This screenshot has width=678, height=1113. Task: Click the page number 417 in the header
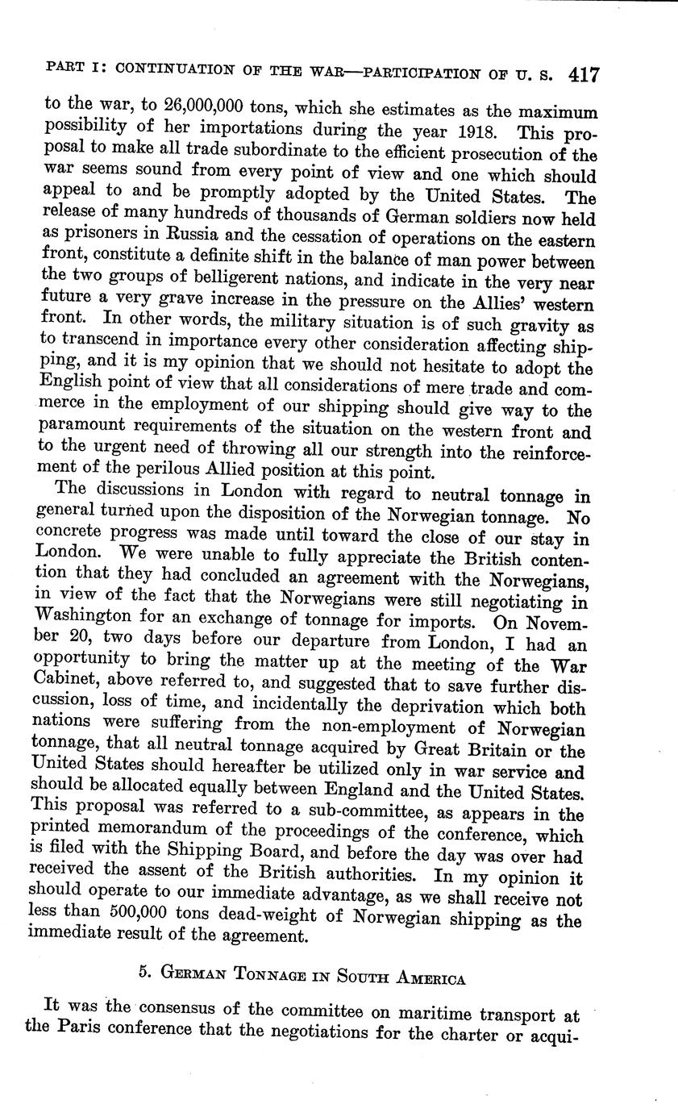[x=583, y=75]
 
